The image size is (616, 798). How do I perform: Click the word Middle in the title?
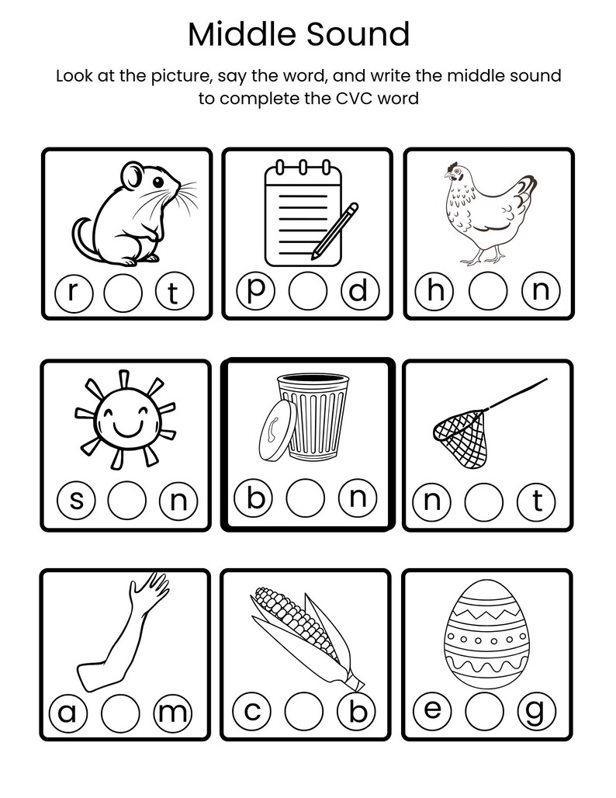(x=241, y=35)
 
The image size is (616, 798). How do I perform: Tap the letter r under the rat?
(x=74, y=293)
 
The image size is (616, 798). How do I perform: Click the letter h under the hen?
(x=434, y=292)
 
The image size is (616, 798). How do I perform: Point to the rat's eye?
(x=157, y=182)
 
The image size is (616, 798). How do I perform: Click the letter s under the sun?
(x=78, y=501)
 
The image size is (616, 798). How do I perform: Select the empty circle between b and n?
(x=305, y=499)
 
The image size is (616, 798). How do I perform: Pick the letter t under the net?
(x=537, y=501)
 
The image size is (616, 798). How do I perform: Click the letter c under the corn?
(x=252, y=711)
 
